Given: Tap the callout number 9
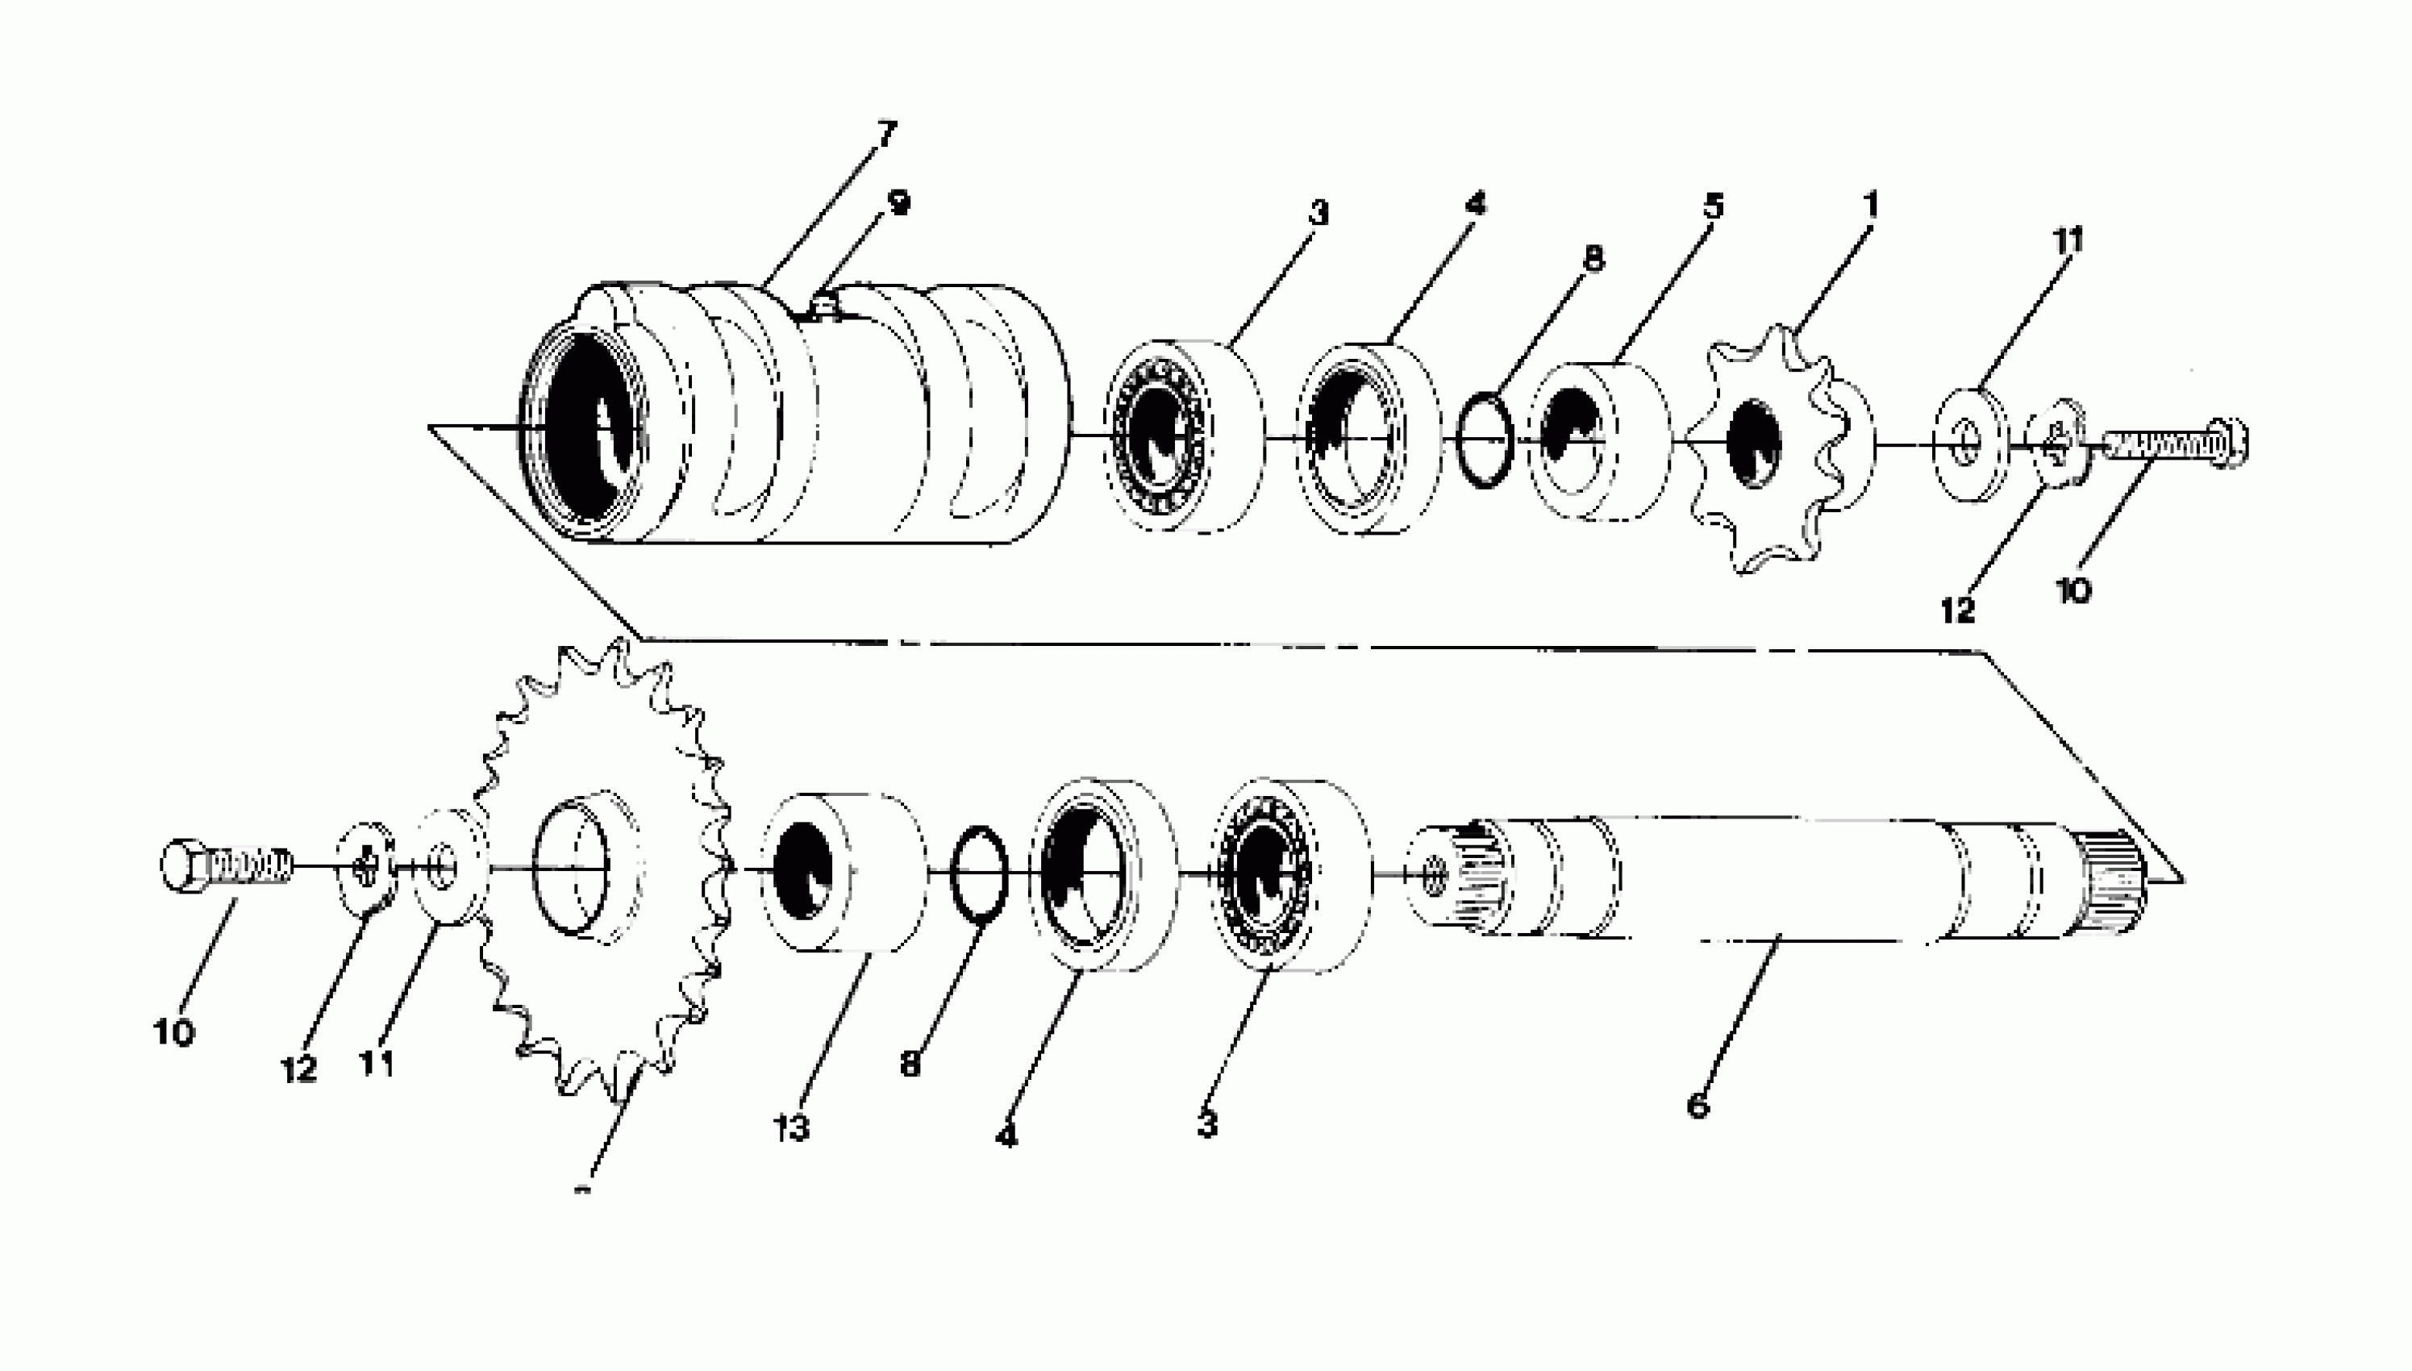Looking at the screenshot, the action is click(x=899, y=202).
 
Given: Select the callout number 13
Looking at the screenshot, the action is click(x=793, y=1127).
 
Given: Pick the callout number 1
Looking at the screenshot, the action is click(x=1872, y=206).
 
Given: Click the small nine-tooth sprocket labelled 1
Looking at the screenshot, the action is click(x=1779, y=448).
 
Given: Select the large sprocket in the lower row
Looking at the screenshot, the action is click(x=602, y=866).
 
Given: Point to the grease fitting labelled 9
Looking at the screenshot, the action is click(x=825, y=306).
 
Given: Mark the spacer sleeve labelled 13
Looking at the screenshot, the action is click(x=843, y=871).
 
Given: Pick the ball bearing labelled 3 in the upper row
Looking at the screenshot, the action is click(x=1181, y=438).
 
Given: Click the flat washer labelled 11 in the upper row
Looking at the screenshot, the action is click(x=1970, y=443).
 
